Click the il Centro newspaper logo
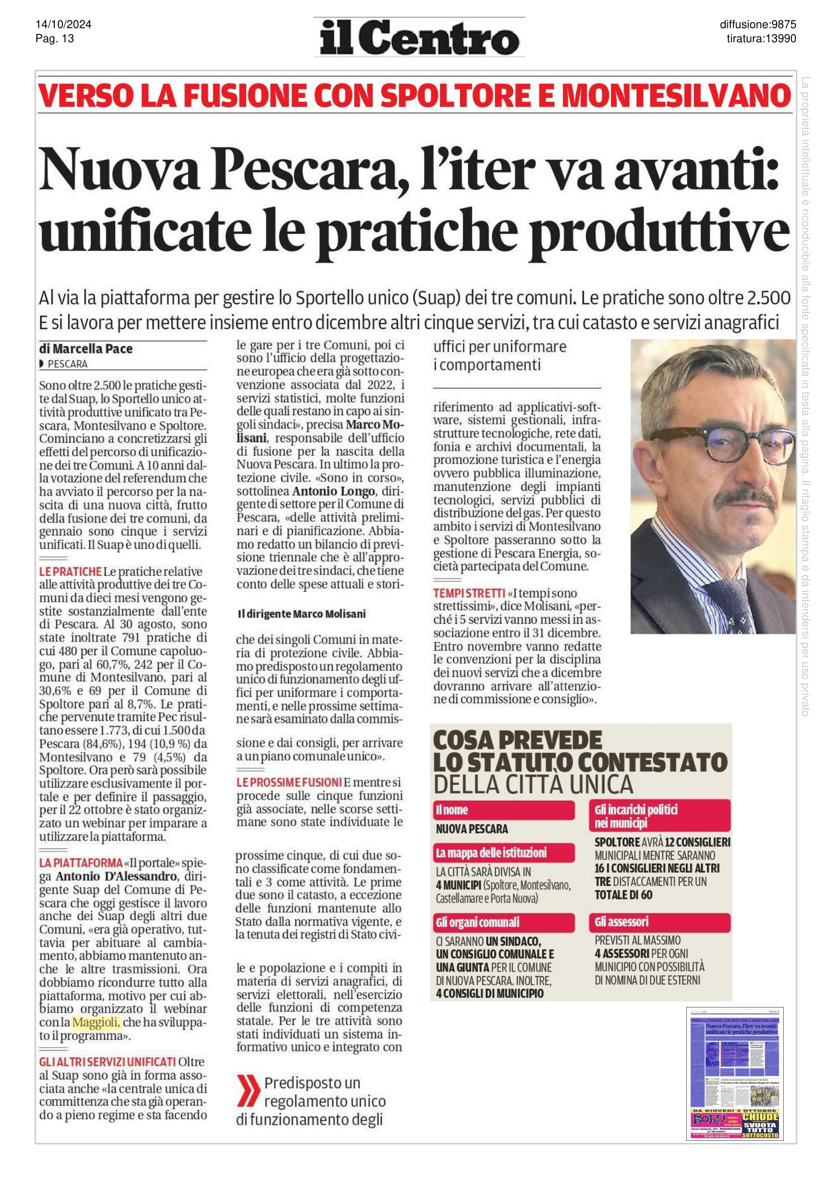tap(419, 38)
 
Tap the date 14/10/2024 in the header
tap(63, 25)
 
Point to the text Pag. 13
tap(54, 39)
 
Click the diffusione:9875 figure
tap(757, 25)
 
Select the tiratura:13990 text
tap(761, 39)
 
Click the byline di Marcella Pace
tap(86, 349)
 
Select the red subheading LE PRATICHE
tap(71, 572)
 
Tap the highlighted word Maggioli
tap(96, 1022)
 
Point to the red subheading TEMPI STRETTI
tap(469, 594)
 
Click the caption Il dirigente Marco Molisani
tap(301, 614)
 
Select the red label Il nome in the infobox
tap(452, 810)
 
